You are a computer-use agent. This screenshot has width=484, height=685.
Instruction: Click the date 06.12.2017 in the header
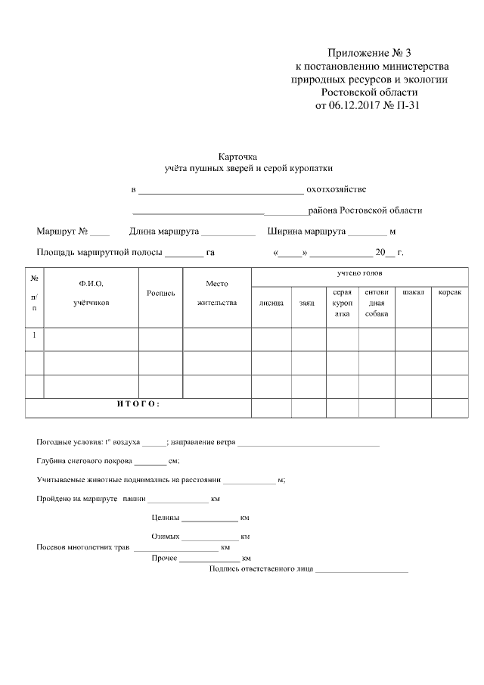(355, 105)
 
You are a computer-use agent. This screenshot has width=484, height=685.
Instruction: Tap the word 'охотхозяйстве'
(337, 188)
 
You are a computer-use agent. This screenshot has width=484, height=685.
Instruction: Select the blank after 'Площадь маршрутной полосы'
(184, 254)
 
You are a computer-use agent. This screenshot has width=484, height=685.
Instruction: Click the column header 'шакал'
(413, 292)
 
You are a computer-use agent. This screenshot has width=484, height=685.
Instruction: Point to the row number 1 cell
(34, 335)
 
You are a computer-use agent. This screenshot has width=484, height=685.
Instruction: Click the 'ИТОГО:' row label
(138, 403)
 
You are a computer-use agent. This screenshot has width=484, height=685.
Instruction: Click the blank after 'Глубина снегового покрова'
(150, 461)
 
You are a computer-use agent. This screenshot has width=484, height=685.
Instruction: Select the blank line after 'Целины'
(209, 519)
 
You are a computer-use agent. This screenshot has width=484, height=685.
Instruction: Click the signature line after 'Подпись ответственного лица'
(361, 569)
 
